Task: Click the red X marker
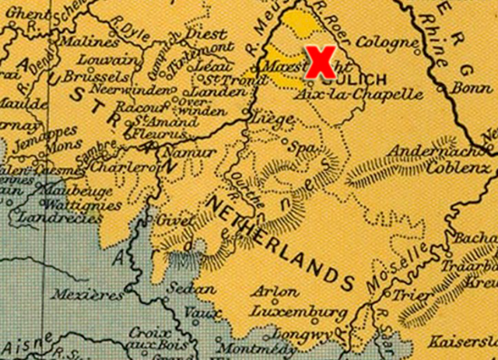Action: (320, 62)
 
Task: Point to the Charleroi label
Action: (125, 167)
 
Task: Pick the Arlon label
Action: (275, 292)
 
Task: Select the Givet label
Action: (173, 222)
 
